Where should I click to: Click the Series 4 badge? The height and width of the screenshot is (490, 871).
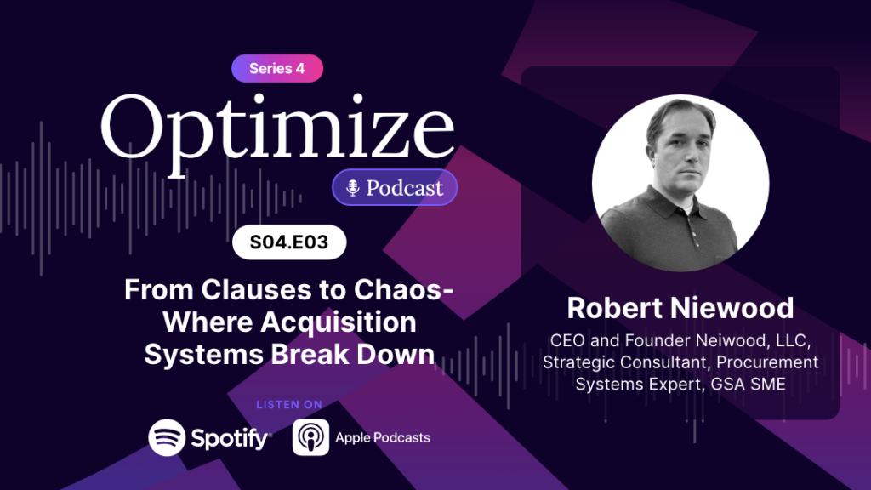277,69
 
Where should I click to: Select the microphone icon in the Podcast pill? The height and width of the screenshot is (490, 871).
351,188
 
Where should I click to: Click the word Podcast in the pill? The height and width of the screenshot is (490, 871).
404,188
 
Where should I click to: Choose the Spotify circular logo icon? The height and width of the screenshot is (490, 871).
167,438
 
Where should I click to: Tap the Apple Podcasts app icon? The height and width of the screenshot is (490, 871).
310,438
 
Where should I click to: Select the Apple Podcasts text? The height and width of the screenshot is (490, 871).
383,438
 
